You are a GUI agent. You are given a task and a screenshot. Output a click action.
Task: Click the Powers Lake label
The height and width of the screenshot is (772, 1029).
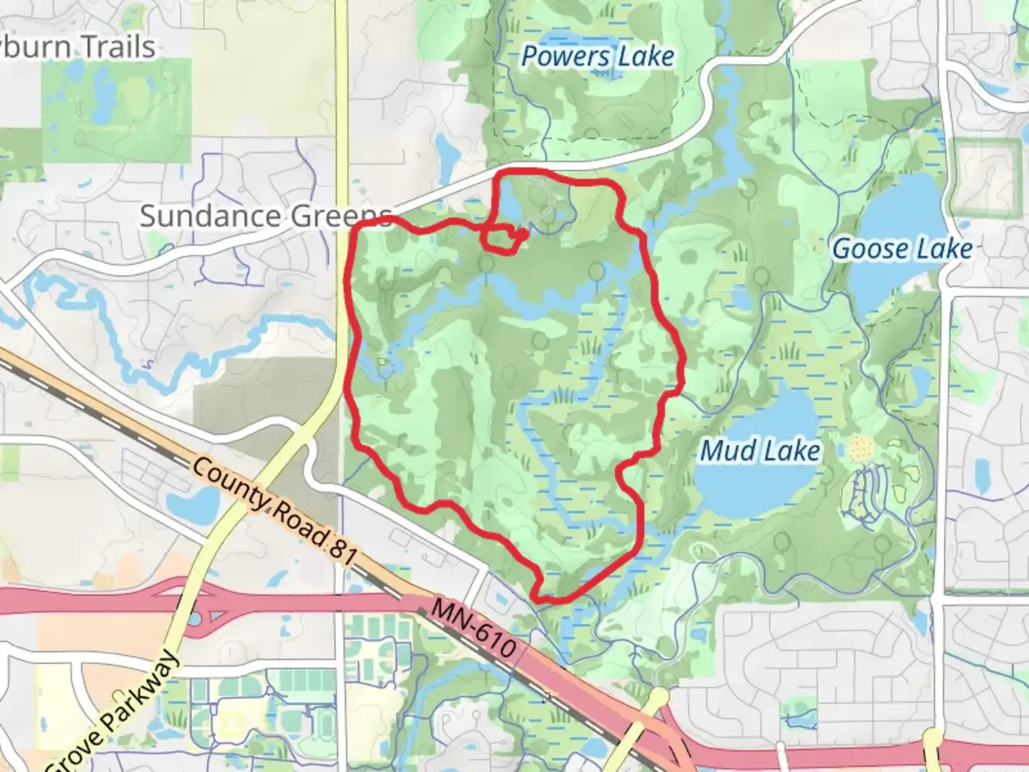(597, 56)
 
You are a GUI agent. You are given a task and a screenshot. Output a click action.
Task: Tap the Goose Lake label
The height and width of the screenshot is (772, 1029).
(903, 249)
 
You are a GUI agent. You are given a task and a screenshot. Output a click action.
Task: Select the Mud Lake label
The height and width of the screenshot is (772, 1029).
(760, 451)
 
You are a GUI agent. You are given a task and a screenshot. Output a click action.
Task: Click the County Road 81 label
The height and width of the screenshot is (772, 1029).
(274, 512)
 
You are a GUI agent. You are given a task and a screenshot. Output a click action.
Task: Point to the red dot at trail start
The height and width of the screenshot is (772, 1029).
(524, 233)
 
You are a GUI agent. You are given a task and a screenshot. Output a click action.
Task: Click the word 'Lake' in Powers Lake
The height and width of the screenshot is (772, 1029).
(646, 56)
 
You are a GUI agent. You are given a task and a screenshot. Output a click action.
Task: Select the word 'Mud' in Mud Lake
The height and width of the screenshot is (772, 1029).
(728, 451)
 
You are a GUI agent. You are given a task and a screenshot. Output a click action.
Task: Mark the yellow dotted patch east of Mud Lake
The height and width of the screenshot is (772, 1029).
(860, 449)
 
